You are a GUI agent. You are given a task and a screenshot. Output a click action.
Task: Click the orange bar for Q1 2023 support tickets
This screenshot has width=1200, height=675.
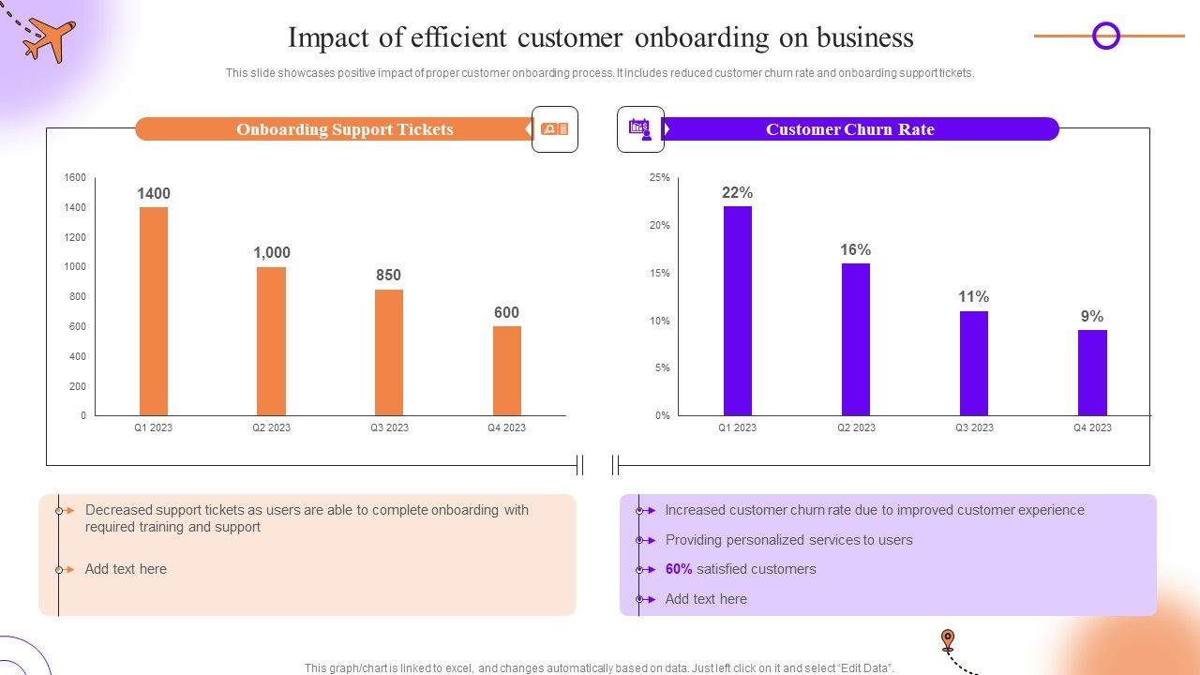click(154, 311)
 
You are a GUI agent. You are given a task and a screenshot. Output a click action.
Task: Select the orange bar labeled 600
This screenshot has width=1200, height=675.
click(506, 370)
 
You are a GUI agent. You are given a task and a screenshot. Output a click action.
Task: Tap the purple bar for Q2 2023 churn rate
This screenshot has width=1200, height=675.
click(855, 339)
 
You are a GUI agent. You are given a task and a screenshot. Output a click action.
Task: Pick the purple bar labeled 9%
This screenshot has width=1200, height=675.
click(1092, 372)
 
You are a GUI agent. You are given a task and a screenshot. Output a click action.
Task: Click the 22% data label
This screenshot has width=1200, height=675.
click(737, 192)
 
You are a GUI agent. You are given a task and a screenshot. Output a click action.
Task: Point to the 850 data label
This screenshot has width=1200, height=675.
click(388, 275)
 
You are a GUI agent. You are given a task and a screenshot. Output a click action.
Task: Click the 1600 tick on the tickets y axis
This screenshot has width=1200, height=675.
click(75, 177)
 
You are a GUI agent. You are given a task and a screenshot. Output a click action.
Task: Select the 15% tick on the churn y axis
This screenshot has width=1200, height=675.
click(660, 273)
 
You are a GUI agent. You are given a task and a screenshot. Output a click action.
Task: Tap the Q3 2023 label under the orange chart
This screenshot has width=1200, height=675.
click(389, 427)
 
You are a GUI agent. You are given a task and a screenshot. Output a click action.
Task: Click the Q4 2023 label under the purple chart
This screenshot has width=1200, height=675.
click(1092, 427)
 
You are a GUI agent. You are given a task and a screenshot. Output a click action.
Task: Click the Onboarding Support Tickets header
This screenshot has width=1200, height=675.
click(344, 129)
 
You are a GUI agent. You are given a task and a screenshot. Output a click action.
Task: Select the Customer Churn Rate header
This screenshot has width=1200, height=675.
click(849, 129)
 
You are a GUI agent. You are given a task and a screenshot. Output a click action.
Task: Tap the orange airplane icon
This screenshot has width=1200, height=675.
click(49, 38)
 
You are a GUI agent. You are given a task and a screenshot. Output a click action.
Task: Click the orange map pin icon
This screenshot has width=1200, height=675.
click(948, 640)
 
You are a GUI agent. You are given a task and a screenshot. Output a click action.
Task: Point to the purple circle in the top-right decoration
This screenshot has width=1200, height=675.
click(1106, 37)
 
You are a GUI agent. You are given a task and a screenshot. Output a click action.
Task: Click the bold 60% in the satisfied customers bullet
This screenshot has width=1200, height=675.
click(679, 569)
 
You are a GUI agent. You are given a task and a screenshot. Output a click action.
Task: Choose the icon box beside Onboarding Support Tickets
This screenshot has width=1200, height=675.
click(555, 129)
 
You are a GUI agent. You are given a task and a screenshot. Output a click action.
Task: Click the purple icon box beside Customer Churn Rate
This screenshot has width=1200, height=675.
click(640, 129)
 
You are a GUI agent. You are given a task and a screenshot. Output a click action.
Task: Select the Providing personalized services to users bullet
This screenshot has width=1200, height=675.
click(788, 540)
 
